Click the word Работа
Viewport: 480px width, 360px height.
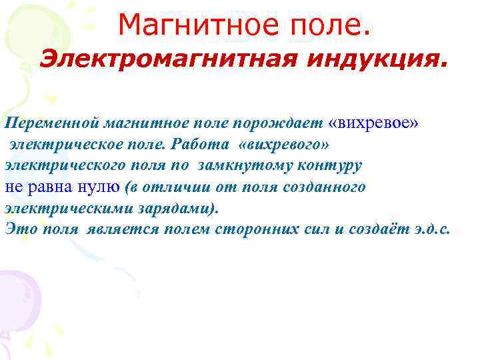[x=195, y=144]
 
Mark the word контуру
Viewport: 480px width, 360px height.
[x=329, y=165]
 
